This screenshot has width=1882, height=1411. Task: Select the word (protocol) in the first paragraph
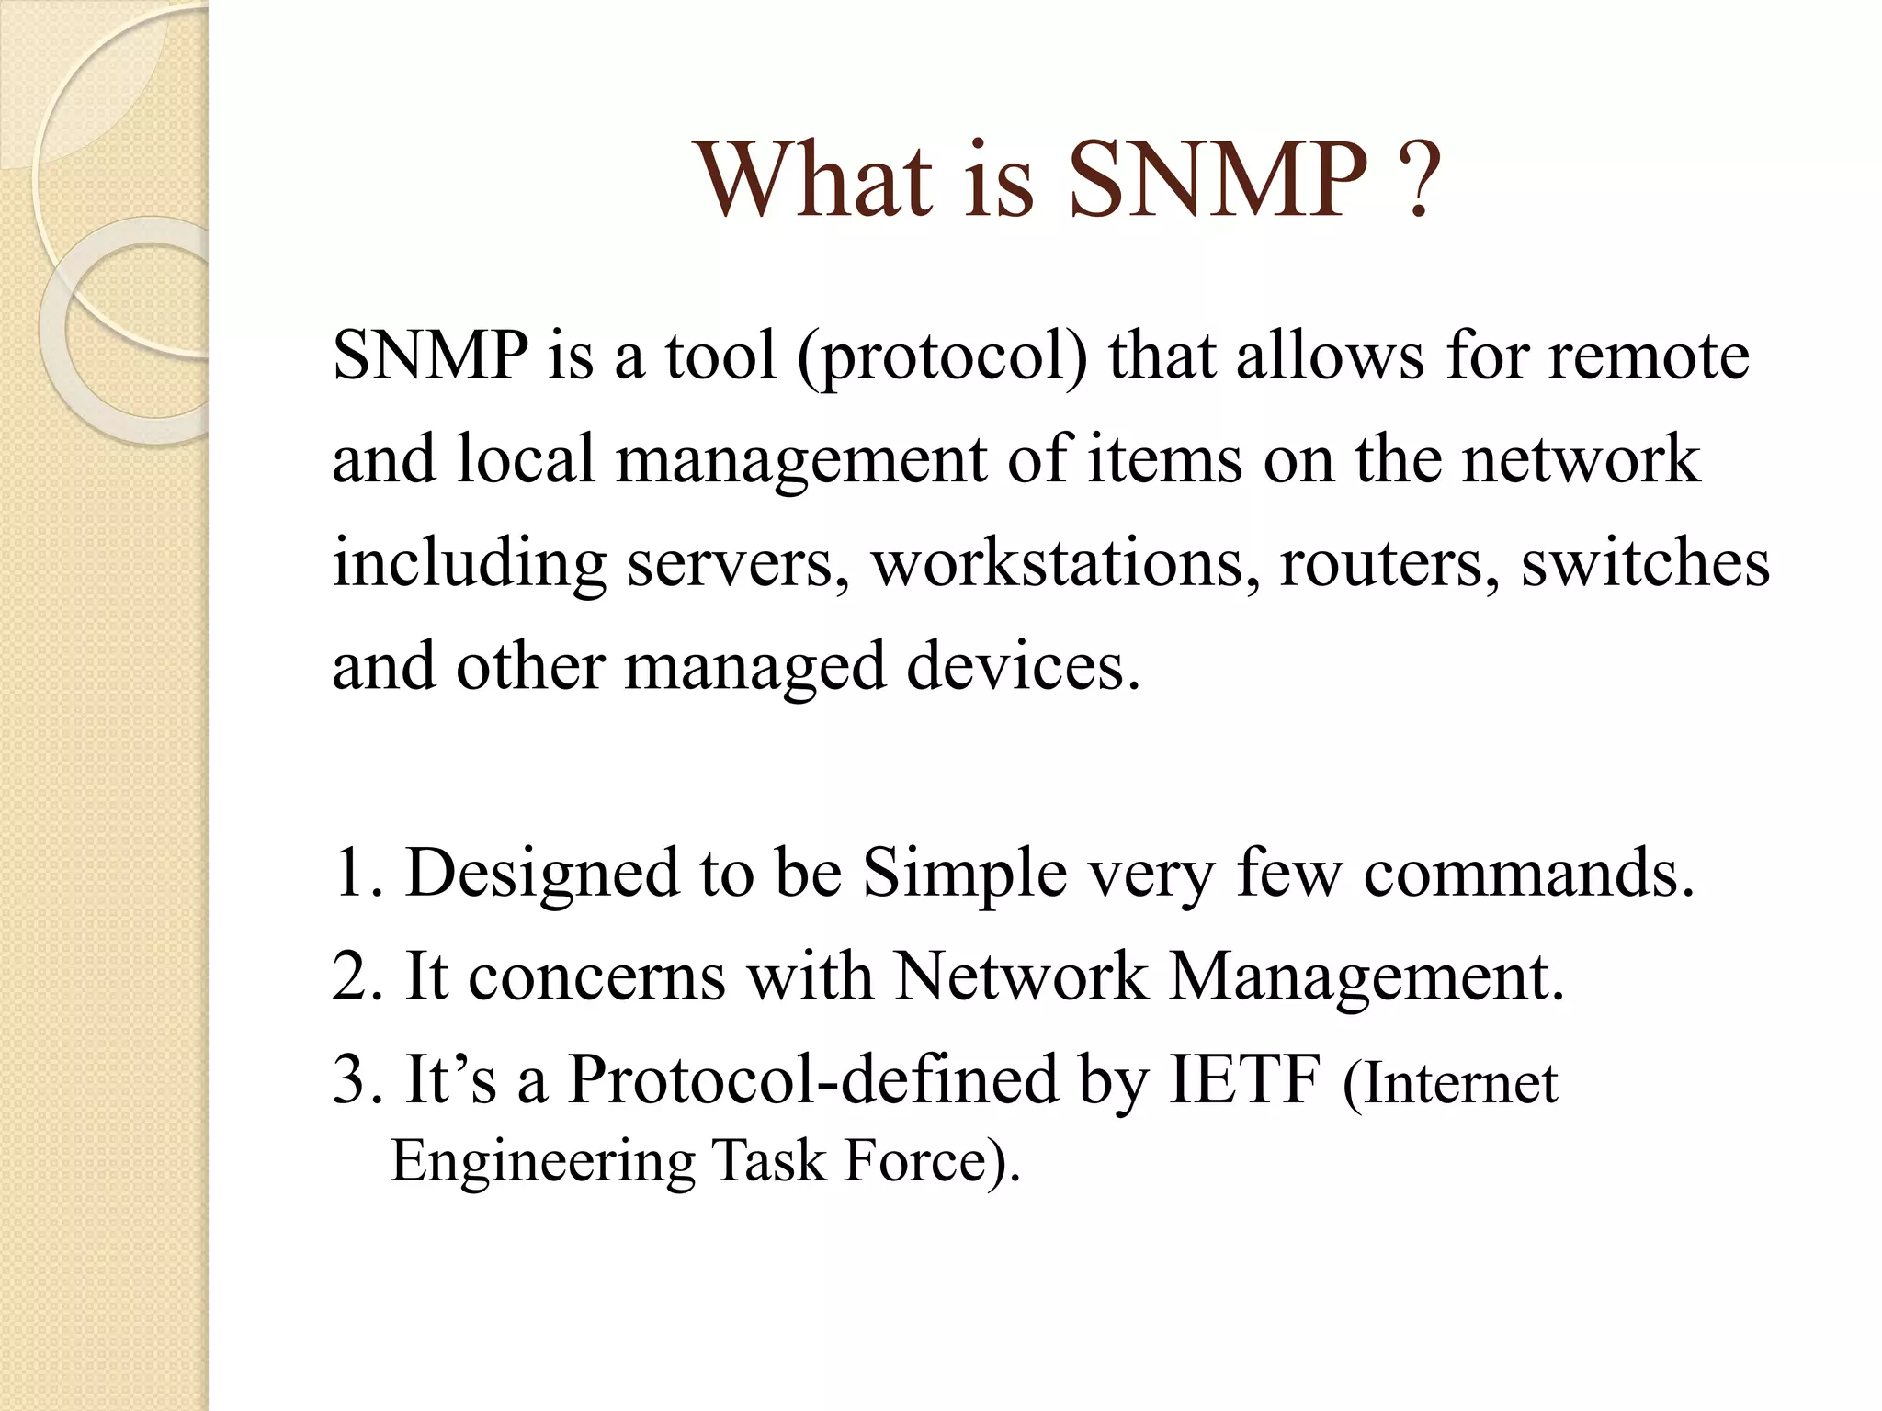(943, 358)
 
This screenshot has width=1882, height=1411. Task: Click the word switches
(1645, 562)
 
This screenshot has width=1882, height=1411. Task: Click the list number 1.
(354, 872)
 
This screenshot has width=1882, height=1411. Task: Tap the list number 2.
(354, 976)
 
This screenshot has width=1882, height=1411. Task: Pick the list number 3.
(354, 1079)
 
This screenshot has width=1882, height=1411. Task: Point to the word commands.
(1525, 873)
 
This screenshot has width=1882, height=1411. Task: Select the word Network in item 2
(1020, 976)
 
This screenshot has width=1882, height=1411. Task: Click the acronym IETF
(1244, 1078)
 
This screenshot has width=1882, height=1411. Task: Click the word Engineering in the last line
(542, 1162)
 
